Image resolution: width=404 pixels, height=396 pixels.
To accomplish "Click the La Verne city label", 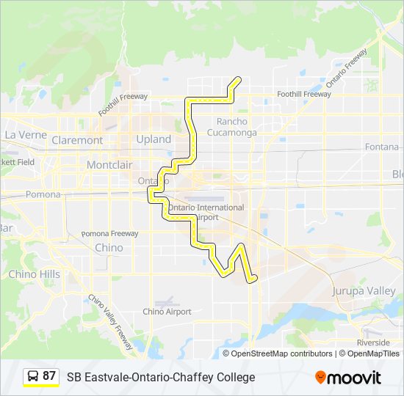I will click(26, 136).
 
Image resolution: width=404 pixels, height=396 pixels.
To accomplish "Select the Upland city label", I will click(154, 139).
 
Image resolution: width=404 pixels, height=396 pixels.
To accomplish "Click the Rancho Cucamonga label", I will click(232, 127).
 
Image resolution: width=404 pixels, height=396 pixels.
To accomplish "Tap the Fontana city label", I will click(382, 147).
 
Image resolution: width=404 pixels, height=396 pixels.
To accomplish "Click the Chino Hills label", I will click(34, 274).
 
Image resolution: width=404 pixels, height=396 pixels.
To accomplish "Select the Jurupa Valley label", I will click(364, 291).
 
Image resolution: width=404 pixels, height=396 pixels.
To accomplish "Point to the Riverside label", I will click(373, 342).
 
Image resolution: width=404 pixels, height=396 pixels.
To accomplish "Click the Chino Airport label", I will click(167, 312).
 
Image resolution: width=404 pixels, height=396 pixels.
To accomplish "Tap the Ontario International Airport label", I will click(194, 213).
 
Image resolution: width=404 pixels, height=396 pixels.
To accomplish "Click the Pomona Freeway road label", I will click(109, 234).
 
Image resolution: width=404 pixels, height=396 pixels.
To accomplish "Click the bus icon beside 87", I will click(33, 377).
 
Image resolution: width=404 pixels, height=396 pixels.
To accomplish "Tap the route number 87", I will click(49, 376).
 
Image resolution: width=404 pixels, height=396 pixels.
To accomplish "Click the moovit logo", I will click(348, 378).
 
